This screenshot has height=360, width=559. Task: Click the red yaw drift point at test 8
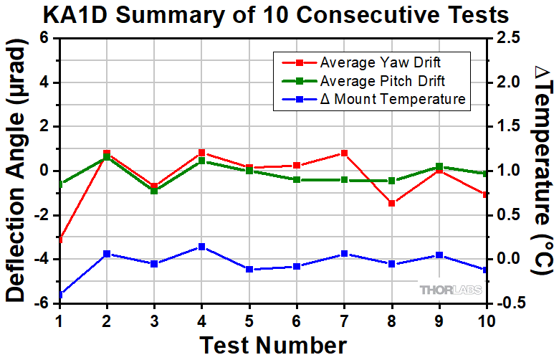coord(392,204)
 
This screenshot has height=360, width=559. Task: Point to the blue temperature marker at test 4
coord(201,247)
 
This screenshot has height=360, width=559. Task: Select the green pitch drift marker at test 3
coord(154,191)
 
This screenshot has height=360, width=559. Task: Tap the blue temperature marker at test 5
coord(249,269)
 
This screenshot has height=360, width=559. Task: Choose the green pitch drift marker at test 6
coord(297,179)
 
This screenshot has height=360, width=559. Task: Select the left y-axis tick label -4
coord(43,259)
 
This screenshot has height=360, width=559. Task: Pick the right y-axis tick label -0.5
coord(510,303)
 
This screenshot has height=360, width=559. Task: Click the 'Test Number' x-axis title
coord(272,344)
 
